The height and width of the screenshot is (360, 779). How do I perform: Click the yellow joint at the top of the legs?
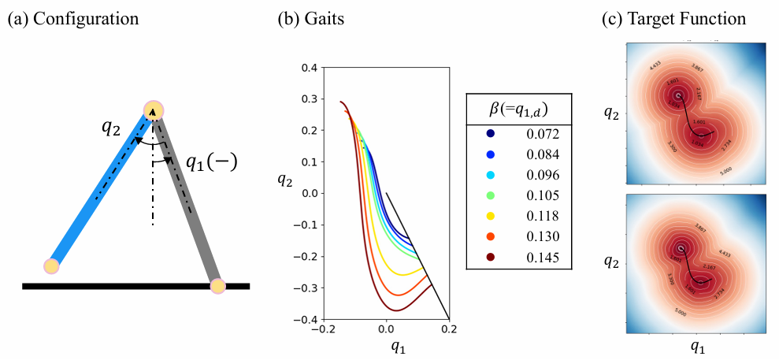pos(154,110)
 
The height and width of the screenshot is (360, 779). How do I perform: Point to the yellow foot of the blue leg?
pos(51,265)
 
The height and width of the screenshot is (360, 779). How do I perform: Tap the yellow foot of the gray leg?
pos(217,285)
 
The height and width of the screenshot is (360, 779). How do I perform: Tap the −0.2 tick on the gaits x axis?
pos(320,332)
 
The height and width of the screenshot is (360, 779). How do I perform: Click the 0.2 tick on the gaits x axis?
pos(449,332)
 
